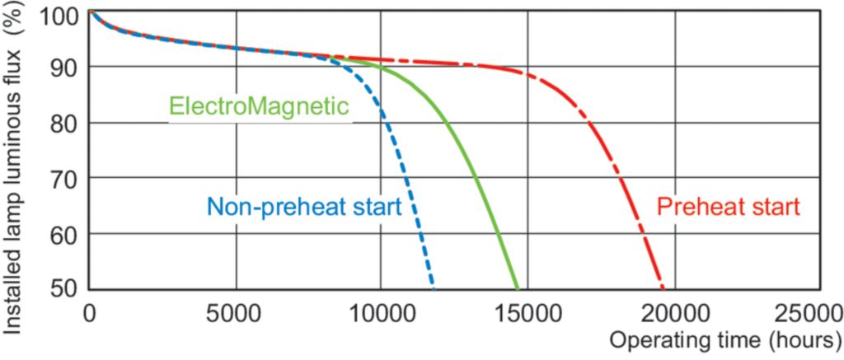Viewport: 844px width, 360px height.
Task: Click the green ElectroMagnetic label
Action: [258, 107]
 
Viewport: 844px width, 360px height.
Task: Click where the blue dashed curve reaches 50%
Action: [434, 289]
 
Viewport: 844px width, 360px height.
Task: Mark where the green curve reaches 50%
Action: [518, 289]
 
